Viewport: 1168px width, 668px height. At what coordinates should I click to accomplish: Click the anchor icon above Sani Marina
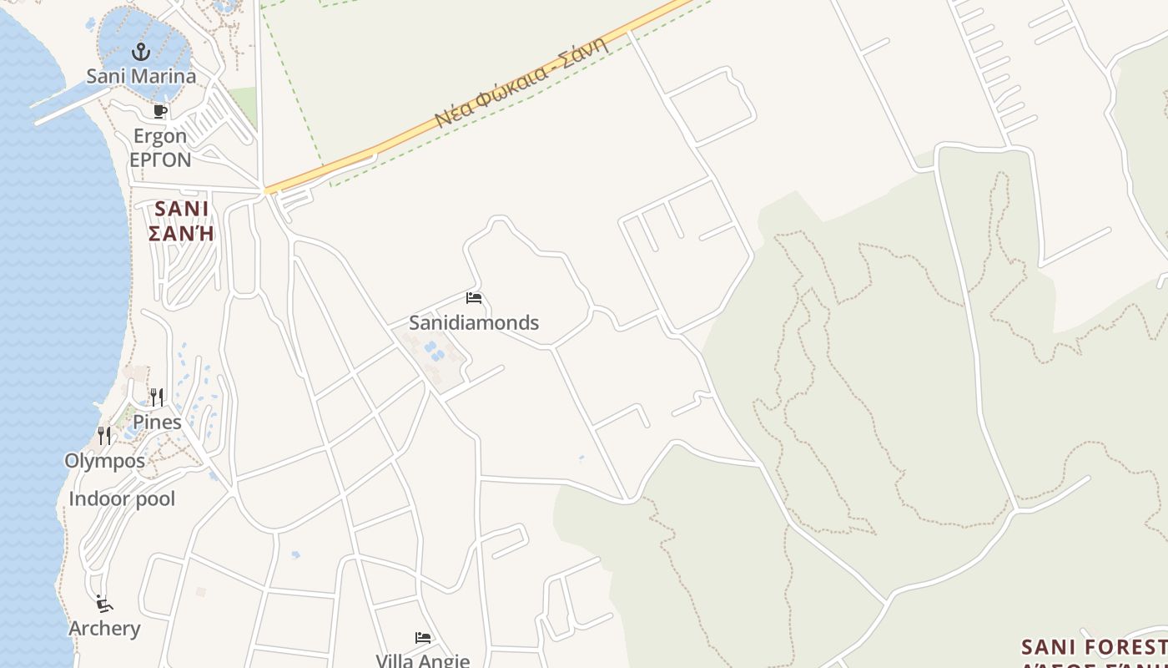(141, 52)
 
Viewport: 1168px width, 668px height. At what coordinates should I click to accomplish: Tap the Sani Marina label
(141, 76)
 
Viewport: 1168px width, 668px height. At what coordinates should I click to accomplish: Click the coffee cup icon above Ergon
(160, 111)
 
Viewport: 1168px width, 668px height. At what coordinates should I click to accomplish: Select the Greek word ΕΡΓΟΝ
(160, 159)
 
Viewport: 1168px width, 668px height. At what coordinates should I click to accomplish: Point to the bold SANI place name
(182, 208)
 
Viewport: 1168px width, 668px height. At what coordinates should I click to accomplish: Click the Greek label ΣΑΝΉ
(182, 233)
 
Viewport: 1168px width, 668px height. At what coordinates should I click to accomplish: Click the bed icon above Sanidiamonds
(474, 298)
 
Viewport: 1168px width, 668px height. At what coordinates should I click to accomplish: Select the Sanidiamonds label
(474, 322)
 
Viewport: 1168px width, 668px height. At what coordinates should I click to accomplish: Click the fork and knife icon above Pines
(156, 396)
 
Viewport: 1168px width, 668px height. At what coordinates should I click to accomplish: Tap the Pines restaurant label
(157, 422)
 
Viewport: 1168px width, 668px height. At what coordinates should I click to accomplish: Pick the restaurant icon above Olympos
(104, 435)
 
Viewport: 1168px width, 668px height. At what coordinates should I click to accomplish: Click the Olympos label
(104, 461)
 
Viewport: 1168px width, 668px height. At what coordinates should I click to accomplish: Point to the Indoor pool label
(122, 499)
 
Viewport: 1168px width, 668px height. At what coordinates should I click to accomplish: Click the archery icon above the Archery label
(103, 604)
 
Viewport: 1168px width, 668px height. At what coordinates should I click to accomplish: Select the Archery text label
(104, 629)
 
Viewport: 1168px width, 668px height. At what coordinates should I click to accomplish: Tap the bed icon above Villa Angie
(423, 638)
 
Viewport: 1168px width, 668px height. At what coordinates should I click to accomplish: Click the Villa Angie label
(422, 660)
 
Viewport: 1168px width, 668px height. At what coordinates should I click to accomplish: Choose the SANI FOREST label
(1093, 647)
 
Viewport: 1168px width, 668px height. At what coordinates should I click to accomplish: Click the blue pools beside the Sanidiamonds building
(432, 351)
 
